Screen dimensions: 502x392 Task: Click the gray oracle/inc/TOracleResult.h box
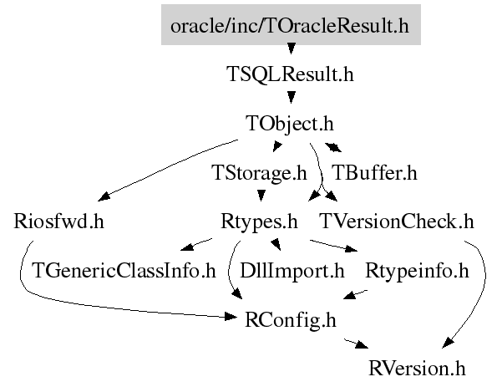coord(291,25)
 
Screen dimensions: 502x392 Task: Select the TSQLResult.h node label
coord(291,74)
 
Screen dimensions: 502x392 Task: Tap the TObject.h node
coord(290,124)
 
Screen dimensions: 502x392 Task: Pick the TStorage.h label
coord(259,173)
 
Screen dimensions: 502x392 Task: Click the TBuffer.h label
coord(374,173)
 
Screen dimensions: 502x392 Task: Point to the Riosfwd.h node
coord(59,221)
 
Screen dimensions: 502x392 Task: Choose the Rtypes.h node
coord(259,222)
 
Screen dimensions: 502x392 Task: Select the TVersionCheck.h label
coord(397,221)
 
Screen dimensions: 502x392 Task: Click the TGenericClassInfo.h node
coord(124,271)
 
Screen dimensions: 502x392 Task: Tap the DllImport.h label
coord(292,271)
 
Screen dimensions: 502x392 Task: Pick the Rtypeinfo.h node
coord(417,271)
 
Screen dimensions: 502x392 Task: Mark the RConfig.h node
coord(291,320)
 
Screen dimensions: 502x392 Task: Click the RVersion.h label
coord(417,369)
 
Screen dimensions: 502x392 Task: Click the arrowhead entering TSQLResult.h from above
coord(291,48)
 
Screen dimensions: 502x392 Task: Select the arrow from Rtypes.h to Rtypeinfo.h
coord(333,246)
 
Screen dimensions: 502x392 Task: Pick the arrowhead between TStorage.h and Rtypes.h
coord(261,196)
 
